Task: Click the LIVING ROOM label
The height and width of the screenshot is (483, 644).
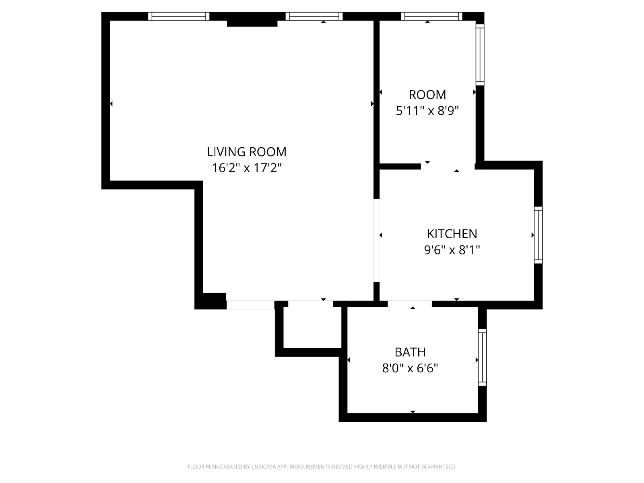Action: pos(246,152)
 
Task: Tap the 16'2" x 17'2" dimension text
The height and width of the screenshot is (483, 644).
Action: pos(246,168)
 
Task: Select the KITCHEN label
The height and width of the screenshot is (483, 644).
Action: pos(452,234)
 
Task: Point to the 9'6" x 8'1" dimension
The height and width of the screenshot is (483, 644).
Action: pos(452,250)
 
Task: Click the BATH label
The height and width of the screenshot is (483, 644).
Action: pos(410,352)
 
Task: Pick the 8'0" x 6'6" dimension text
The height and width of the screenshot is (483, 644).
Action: pos(410,368)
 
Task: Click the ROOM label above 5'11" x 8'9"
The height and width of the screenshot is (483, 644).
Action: pos(427,95)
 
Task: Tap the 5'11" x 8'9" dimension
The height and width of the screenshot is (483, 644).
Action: pos(427,111)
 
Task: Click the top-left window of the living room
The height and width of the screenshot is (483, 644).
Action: pos(179,17)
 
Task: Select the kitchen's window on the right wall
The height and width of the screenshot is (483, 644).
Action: pos(538,235)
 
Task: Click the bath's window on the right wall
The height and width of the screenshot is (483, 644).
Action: pos(482,357)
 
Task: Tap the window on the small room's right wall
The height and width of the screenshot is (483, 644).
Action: pos(480,55)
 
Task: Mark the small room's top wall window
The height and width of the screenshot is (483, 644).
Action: pos(431,17)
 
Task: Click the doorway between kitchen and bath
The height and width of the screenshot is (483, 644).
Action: pos(410,303)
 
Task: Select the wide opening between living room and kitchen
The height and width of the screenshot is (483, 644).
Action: pos(376,240)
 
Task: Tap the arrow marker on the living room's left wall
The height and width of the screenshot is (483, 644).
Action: pos(111,103)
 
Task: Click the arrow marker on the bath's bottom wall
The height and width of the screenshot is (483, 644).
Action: pos(413,412)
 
